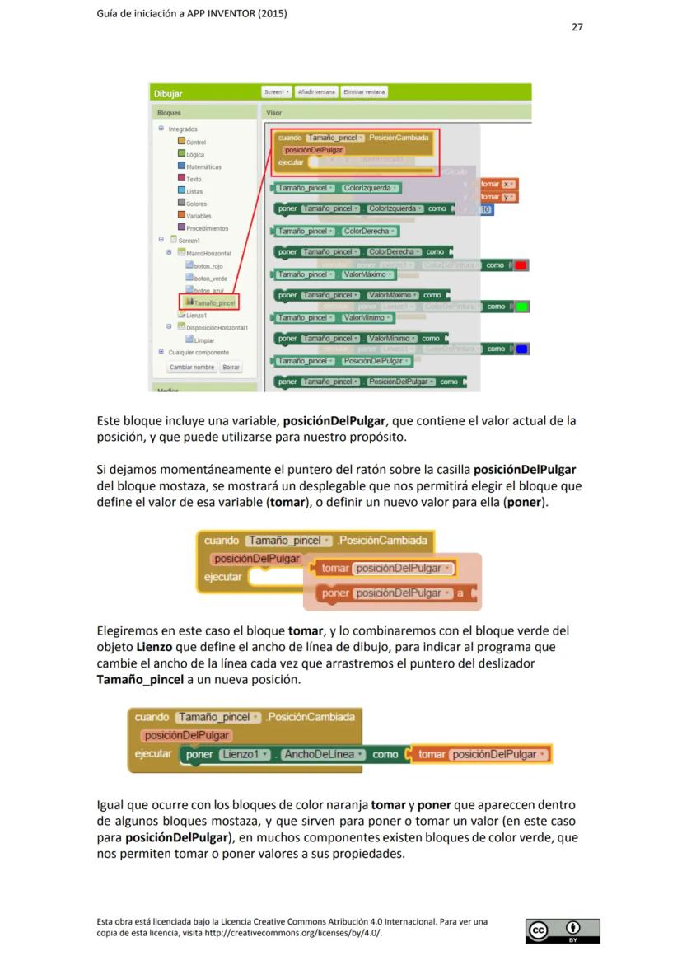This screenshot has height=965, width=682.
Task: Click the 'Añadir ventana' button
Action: point(315,92)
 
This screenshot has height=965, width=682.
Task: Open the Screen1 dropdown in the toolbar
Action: point(276,92)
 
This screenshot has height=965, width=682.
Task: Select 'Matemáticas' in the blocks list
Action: point(203,166)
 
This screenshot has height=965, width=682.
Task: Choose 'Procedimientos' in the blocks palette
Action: point(207,228)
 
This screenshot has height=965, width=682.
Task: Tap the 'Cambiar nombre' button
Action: point(192,368)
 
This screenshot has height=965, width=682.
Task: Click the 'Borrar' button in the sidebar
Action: point(231,368)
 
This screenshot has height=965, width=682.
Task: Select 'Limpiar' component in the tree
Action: point(203,340)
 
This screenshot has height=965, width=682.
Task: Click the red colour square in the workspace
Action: point(521,265)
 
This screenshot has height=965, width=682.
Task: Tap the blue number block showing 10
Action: point(486,209)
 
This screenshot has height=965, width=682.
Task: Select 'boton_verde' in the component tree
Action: point(210,279)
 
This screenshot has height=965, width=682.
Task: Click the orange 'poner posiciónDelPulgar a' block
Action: point(393,593)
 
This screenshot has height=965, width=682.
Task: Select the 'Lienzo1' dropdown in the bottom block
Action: point(242,754)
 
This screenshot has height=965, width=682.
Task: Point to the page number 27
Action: point(577,27)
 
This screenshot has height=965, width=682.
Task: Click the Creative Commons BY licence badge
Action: point(563,930)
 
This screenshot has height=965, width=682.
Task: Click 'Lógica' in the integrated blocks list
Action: point(195,154)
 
